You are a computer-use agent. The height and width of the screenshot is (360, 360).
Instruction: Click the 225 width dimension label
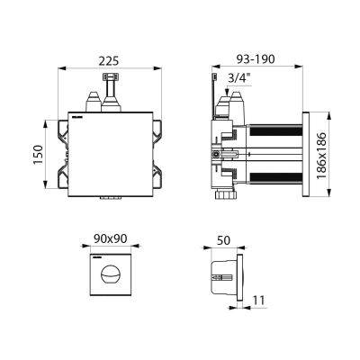[109, 60]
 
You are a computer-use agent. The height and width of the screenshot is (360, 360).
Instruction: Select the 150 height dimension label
[39, 155]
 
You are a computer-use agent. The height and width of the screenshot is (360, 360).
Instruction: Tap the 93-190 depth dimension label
[256, 59]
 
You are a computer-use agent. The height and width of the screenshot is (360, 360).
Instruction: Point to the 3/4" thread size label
[239, 78]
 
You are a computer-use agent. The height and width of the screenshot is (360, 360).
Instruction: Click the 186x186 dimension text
[321, 155]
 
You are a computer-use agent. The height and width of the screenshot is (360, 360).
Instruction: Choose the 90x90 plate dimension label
[111, 238]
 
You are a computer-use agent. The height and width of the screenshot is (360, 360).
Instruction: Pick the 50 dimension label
[223, 240]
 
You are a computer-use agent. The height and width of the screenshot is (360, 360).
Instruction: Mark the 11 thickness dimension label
[258, 301]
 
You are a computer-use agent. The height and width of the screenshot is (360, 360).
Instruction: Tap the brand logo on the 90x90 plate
[96, 257]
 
